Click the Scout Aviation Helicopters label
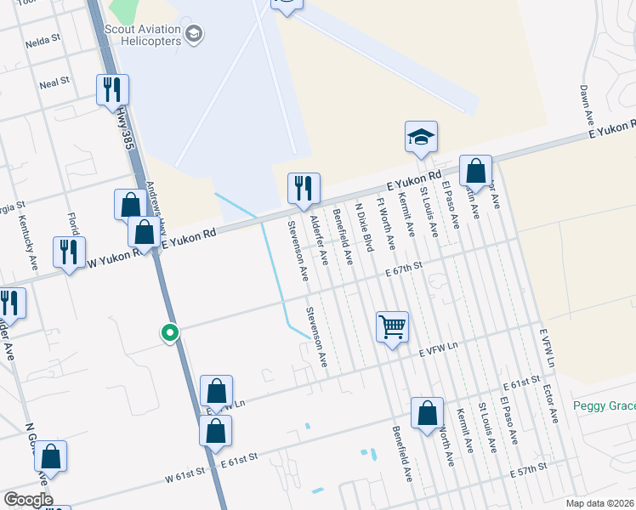tap(145, 34)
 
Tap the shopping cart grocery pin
tap(392, 326)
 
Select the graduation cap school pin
tap(420, 138)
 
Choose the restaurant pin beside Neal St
tap(112, 89)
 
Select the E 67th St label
tap(403, 270)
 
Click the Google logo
tap(28, 500)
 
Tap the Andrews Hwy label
tap(153, 201)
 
